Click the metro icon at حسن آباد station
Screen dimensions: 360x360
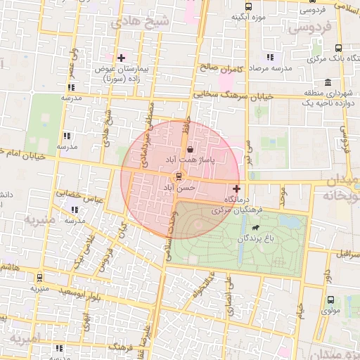coord(179,176)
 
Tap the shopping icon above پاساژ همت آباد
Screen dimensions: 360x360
coord(191,149)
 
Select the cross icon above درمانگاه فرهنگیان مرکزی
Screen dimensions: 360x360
coord(236,188)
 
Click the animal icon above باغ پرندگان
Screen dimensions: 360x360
coord(253,228)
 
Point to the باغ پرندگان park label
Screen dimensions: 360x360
coord(253,239)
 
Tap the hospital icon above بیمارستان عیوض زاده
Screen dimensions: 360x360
coord(121,57)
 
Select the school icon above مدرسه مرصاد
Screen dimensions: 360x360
coord(270,57)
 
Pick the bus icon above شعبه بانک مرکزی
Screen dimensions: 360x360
coord(339,49)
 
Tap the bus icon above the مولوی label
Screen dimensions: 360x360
coord(330,300)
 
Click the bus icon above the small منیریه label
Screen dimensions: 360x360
coord(39,278)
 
